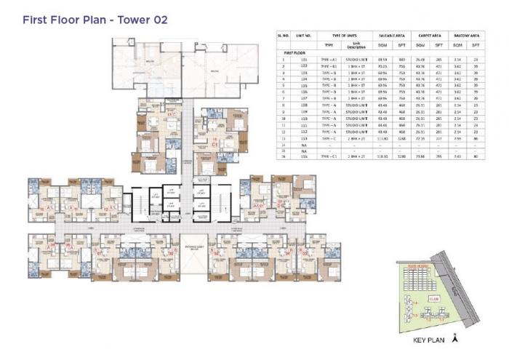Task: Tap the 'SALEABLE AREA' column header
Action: point(387,35)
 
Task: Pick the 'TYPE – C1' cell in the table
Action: point(328,156)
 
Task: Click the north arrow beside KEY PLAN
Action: point(454,337)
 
